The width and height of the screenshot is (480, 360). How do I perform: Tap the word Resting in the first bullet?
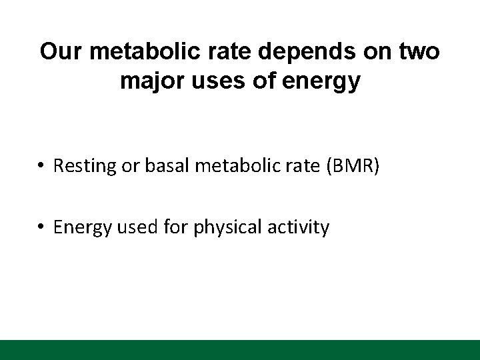(x=81, y=166)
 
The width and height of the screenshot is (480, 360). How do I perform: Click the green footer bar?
(x=240, y=350)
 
